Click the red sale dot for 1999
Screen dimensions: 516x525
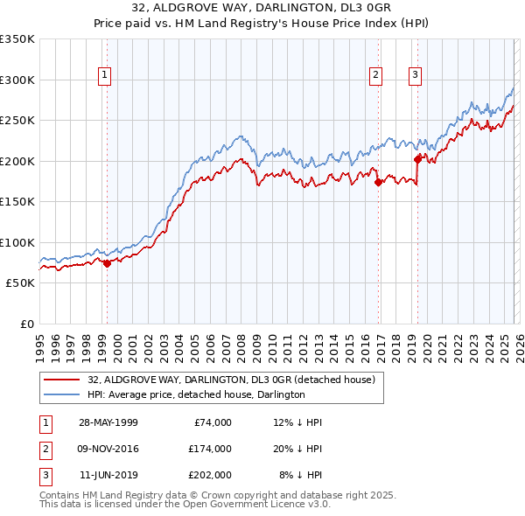[107, 263]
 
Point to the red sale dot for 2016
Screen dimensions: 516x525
[379, 183]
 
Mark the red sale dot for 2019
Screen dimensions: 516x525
[418, 159]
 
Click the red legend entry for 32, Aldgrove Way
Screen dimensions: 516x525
[231, 379]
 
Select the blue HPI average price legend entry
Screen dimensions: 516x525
[195, 394]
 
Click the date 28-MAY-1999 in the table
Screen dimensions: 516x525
[108, 422]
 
